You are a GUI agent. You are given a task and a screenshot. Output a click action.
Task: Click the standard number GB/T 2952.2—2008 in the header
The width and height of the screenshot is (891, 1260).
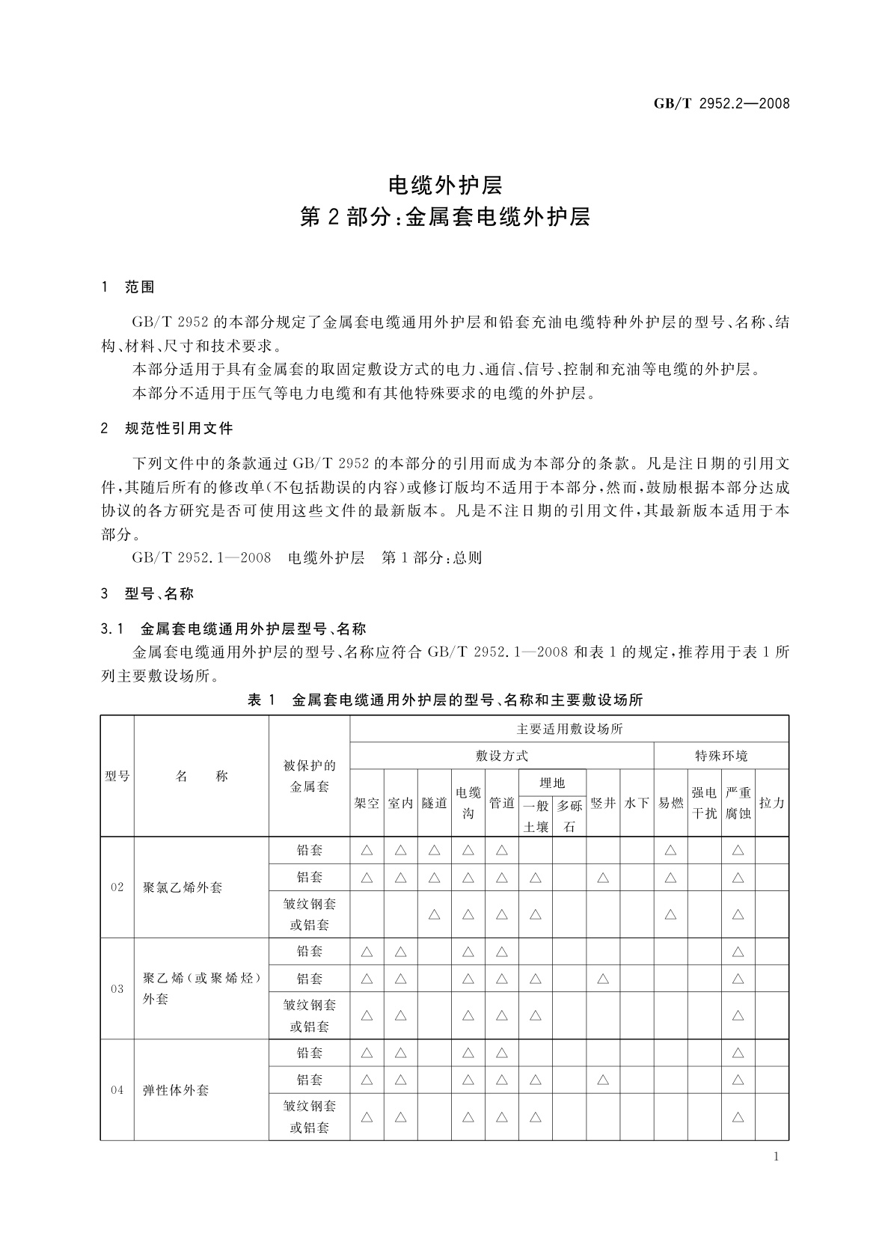(x=722, y=104)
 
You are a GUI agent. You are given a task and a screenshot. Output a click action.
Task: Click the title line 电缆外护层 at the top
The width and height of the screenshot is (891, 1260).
(x=444, y=184)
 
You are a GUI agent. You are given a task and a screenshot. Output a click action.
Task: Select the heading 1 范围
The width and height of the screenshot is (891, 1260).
(x=128, y=287)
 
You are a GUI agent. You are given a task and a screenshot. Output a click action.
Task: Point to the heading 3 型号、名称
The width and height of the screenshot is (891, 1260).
(x=147, y=594)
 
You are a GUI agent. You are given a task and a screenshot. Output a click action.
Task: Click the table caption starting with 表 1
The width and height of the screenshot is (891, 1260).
(x=444, y=700)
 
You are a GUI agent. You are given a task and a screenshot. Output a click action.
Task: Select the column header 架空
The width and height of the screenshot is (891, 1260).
(x=367, y=803)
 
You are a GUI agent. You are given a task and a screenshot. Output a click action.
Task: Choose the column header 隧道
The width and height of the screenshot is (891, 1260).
(x=434, y=803)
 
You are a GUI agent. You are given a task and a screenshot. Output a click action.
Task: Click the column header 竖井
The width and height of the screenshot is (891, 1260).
(x=603, y=803)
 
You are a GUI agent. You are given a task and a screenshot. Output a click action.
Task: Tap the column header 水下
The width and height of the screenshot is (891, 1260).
(x=637, y=803)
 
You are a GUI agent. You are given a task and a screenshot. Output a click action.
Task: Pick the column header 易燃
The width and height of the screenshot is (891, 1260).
(x=670, y=803)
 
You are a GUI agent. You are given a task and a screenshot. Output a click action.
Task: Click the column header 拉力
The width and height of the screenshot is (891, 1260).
(x=771, y=803)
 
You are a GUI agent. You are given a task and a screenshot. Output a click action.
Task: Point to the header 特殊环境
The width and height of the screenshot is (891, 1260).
(x=721, y=756)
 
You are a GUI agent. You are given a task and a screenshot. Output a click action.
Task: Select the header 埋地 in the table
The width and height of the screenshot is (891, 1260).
(x=552, y=783)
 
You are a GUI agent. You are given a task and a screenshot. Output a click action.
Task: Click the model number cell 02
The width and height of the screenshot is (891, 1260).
(x=117, y=887)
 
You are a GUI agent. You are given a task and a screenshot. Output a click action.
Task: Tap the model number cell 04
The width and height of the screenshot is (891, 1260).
(x=117, y=1090)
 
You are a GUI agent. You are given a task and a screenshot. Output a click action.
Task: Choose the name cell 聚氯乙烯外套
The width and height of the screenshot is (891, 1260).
(x=183, y=887)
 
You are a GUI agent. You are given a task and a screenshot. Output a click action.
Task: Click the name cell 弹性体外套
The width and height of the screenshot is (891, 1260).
(x=176, y=1090)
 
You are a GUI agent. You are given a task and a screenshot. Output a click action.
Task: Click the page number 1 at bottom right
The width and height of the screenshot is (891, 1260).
(x=776, y=1157)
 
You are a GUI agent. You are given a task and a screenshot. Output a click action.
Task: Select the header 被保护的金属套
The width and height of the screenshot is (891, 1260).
(x=309, y=776)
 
